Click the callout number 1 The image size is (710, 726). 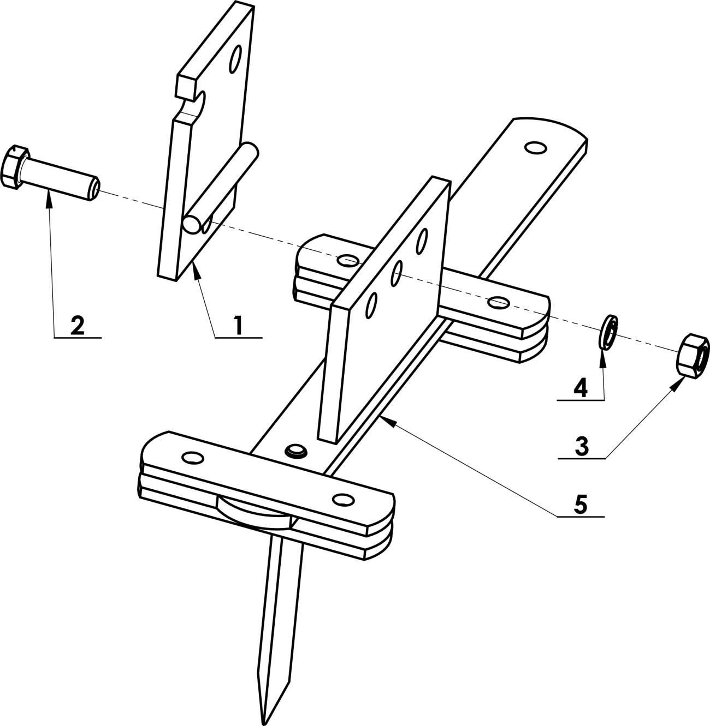[238, 325]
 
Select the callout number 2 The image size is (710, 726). [78, 325]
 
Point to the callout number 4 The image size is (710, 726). [581, 388]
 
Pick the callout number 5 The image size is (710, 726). [581, 503]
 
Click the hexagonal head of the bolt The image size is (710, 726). [14, 167]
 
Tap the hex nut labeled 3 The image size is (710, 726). [693, 356]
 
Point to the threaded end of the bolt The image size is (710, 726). [93, 188]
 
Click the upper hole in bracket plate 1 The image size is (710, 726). [236, 59]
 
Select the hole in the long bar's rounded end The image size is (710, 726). [536, 148]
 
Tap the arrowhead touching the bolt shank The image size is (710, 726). [49, 199]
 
